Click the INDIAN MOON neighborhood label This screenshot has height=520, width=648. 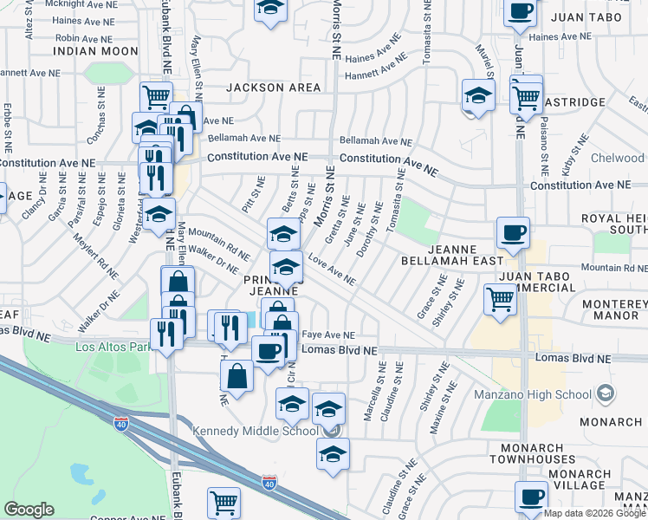coord(95,52)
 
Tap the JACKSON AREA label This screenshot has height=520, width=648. coord(274,88)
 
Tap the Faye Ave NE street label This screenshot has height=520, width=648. coord(327,335)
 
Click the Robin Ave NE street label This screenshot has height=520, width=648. coord(86,39)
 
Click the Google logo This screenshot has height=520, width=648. coord(29,510)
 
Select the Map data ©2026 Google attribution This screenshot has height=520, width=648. coord(595,513)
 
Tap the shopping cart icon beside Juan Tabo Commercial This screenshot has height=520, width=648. coord(500,299)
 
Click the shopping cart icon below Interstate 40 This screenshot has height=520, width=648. coord(224,501)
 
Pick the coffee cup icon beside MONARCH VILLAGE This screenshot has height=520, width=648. coord(531,496)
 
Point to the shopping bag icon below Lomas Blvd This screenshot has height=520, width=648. coord(237,376)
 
